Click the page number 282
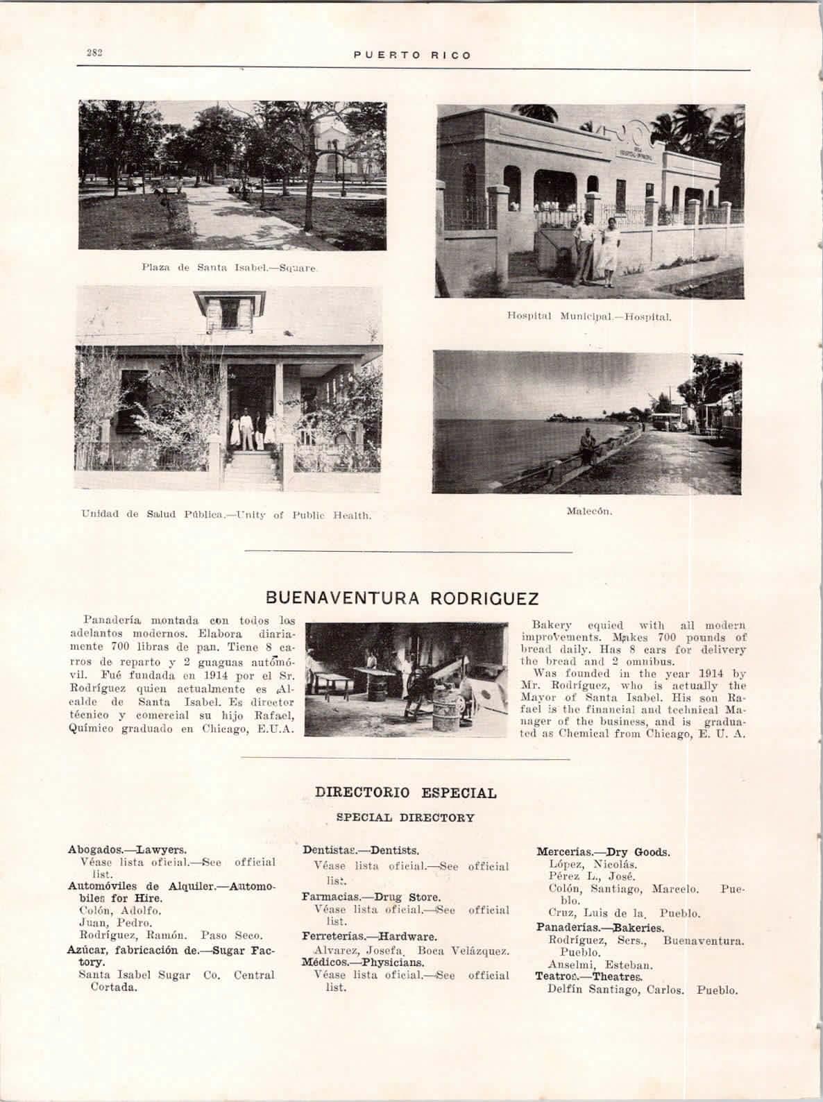95,54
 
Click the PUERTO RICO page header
412,55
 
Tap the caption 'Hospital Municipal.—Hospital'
588,317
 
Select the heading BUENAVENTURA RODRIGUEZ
403,597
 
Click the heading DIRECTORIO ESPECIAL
406,792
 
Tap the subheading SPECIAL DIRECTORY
405,817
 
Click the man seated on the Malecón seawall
587,444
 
